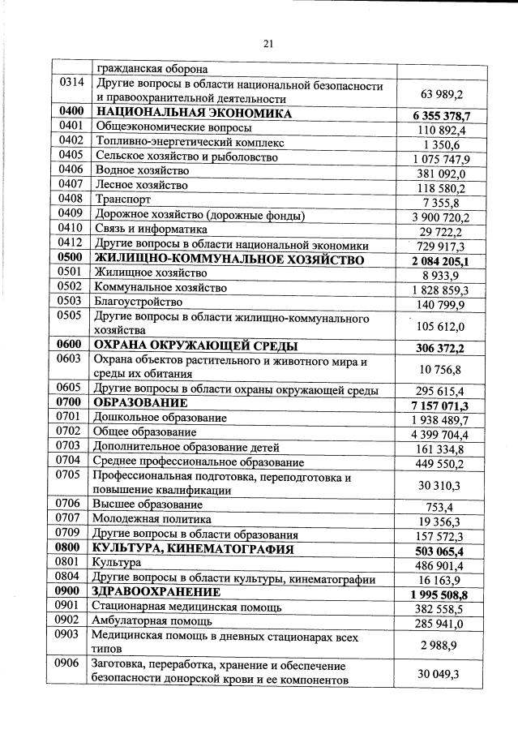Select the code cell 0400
[72, 113]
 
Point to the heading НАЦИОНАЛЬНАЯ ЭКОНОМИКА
[193, 114]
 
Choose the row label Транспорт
[118, 200]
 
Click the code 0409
[72, 215]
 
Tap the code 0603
[72, 360]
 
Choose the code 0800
[72, 548]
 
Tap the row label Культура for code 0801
[117, 562]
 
